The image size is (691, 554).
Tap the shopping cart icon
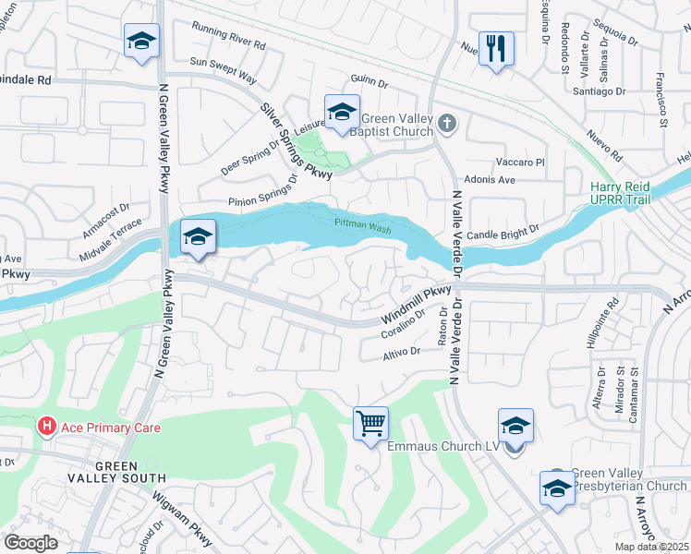click(x=370, y=425)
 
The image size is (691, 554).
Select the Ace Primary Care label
click(x=110, y=428)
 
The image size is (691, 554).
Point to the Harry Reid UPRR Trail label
click(x=620, y=193)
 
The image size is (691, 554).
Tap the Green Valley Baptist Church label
click(x=397, y=125)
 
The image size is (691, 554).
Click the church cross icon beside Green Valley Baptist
click(x=446, y=123)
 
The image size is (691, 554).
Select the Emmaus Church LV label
click(x=443, y=447)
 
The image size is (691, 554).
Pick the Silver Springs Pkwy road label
click(x=296, y=141)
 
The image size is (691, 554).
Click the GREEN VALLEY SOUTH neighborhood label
click(x=115, y=472)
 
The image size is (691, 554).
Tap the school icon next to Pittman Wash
click(x=198, y=238)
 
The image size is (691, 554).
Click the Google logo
click(x=30, y=543)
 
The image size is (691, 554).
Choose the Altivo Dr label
click(x=402, y=352)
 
